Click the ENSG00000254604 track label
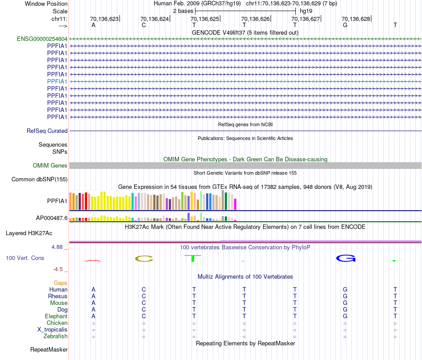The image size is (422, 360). click(42, 39)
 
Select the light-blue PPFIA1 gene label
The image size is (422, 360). click(57, 81)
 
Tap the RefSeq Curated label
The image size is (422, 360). click(47, 131)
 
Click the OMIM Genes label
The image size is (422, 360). click(50, 165)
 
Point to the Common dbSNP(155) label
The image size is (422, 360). click(39, 180)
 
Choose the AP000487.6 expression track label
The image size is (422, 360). click(52, 218)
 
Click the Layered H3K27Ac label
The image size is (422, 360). click(29, 233)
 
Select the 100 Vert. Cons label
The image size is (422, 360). click(25, 258)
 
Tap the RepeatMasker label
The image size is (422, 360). click(48, 350)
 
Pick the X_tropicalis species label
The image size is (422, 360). click(52, 330)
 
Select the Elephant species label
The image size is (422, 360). click(56, 316)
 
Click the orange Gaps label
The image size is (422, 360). click(60, 283)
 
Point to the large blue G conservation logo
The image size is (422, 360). click(345, 258)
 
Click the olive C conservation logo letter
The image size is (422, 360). click(143, 259)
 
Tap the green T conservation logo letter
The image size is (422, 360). click(193, 258)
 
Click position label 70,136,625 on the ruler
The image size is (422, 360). click(205, 19)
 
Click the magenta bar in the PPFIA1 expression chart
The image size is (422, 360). click(235, 204)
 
